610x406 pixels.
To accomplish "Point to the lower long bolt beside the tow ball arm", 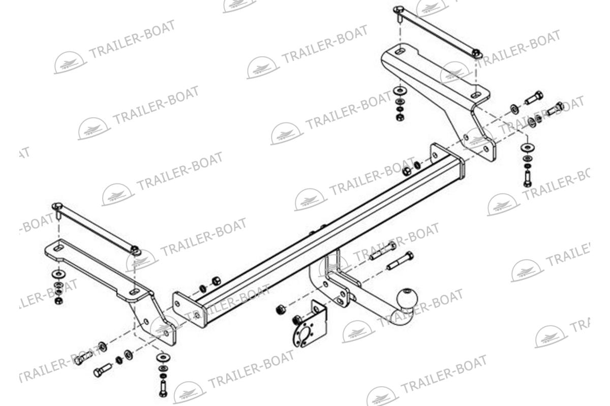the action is coord(400,261).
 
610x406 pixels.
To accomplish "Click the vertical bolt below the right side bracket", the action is coord(528,178).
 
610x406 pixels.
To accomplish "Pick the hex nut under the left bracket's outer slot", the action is coord(58,301).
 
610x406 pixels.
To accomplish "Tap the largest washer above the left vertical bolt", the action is coord(163,357).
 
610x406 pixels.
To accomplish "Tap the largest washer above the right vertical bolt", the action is coord(528,147).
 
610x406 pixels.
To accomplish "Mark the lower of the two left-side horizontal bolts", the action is coord(103,370).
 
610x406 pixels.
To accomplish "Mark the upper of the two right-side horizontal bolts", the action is coord(534,98).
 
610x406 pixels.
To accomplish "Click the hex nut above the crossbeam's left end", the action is coord(216,280).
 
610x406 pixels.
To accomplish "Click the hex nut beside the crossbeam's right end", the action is coord(407,171).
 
